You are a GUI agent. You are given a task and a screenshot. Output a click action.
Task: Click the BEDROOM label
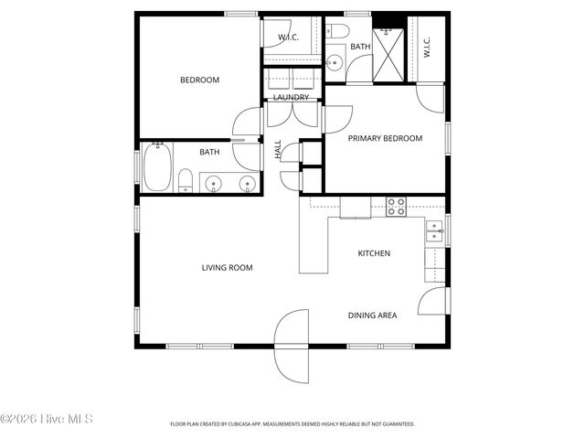pos(199,80)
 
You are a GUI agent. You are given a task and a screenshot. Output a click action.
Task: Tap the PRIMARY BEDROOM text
pos(385,138)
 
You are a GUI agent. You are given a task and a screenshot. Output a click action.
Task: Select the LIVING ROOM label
pos(227,268)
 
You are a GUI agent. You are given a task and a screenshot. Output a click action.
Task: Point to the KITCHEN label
pos(374,253)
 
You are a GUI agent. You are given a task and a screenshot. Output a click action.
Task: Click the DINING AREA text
pos(372,316)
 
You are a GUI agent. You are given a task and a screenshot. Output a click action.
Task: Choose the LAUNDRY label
pos(291,97)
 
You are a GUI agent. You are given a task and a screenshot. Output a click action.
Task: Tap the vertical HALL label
pos(278,149)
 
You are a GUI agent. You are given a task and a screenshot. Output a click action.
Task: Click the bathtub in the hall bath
pos(155,171)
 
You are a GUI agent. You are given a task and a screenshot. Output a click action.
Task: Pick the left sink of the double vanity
pos(214,184)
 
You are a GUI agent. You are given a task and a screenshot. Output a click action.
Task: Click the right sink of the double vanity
pos(246,184)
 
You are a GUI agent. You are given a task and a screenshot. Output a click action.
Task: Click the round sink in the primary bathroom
pos(334,63)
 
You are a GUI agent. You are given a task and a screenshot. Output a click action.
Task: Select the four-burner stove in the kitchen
pos(397,207)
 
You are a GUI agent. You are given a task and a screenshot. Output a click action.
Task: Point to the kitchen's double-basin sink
pos(432,232)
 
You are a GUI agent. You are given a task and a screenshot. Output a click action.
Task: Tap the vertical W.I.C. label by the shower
pos(426,48)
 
